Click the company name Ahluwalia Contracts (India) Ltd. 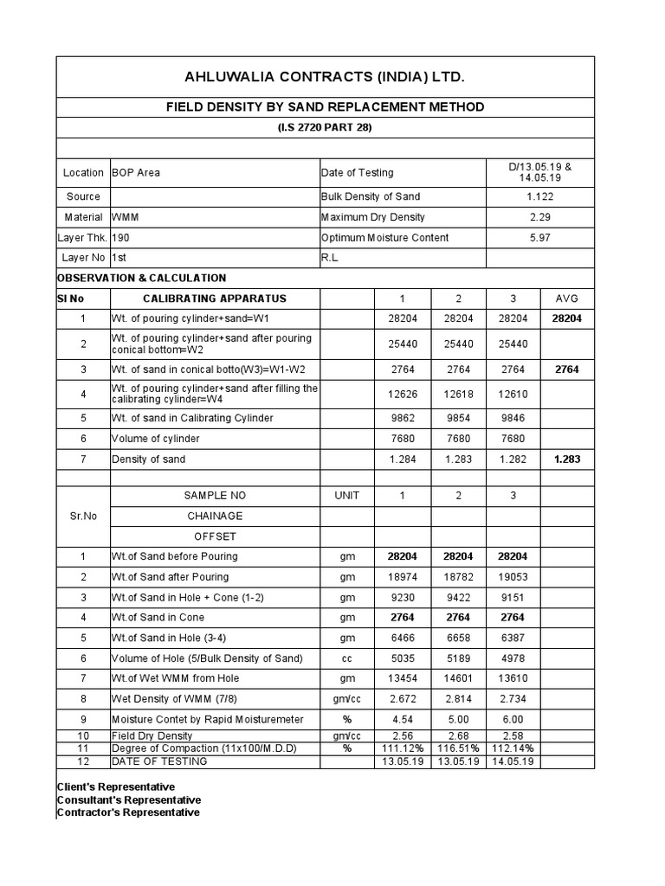325,78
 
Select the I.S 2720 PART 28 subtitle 325,128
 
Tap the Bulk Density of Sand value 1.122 540,196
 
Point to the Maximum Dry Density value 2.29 540,217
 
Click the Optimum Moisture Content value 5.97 540,238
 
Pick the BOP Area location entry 136,172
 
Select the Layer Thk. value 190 121,238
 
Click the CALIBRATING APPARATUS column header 214,299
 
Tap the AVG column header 568,299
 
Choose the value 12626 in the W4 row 403,394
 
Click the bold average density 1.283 568,459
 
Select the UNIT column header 346,496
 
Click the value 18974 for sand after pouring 403,577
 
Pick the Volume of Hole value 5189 458,658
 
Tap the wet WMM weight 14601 458,678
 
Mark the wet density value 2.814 458,699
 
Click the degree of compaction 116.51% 458,748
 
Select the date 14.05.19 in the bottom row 513,761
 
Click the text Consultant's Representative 127,799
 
